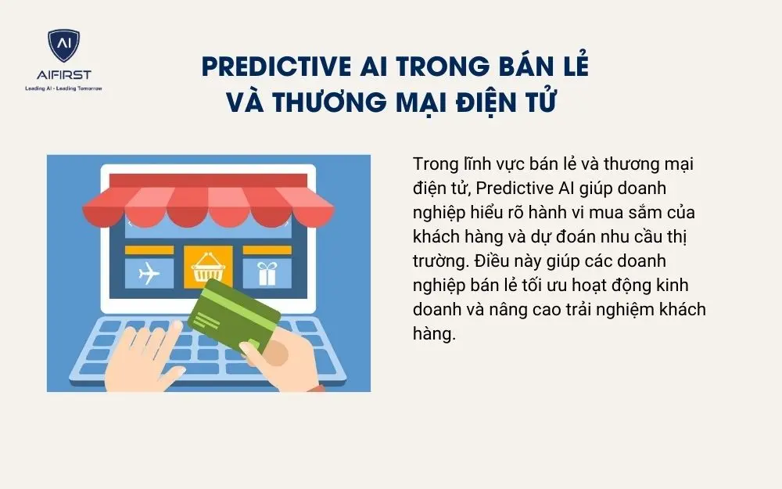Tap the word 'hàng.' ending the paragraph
(x=434, y=333)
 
